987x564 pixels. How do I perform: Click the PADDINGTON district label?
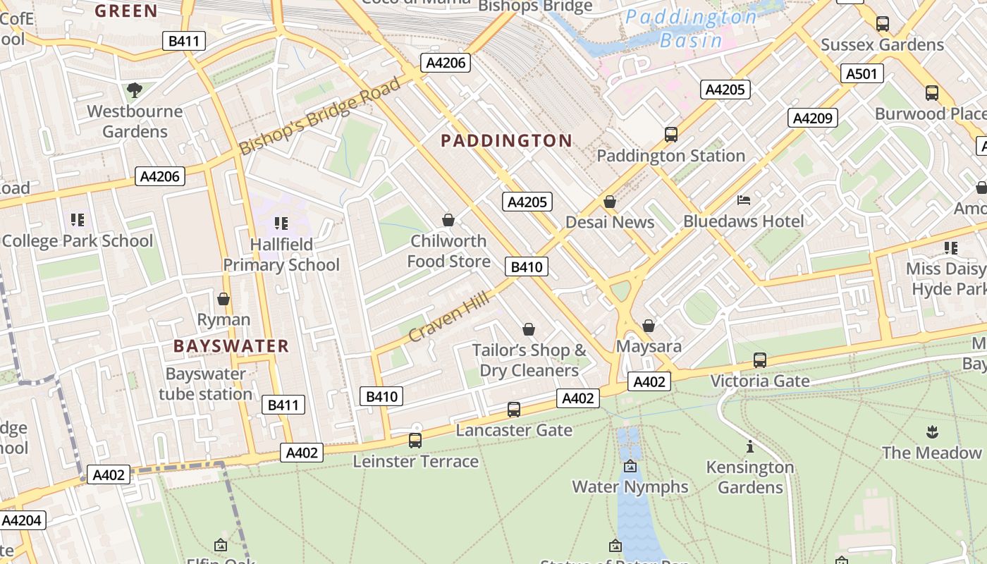tap(506, 140)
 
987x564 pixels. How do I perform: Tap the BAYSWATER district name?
tap(231, 345)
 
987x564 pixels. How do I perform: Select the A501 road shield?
tap(862, 73)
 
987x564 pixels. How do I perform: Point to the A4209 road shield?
tap(812, 118)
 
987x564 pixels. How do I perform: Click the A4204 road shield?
tap(23, 520)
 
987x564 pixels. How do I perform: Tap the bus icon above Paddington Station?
tap(671, 134)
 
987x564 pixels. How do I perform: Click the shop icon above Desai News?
tap(610, 202)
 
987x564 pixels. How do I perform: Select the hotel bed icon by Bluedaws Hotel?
tap(744, 200)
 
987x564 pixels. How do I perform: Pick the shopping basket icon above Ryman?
tap(223, 299)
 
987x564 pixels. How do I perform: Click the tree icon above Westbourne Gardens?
tap(134, 90)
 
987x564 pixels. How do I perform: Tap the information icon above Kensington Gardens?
tap(749, 446)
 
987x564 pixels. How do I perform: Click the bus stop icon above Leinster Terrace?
tap(415, 441)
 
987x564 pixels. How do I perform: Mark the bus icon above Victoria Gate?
tap(760, 360)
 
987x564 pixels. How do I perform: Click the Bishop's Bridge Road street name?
tap(320, 116)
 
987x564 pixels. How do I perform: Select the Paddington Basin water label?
tap(691, 28)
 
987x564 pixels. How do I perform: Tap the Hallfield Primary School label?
tap(281, 255)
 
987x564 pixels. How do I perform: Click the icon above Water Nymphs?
tap(630, 466)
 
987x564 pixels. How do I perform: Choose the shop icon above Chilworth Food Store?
tap(448, 220)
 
